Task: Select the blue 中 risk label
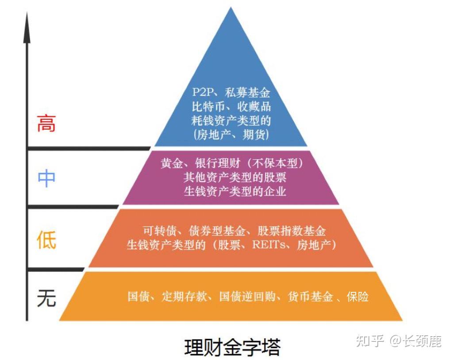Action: (x=46, y=178)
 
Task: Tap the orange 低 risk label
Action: (x=46, y=239)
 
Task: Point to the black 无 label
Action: (x=46, y=298)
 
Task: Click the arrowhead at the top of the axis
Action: (x=27, y=22)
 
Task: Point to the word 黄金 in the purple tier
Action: (x=171, y=163)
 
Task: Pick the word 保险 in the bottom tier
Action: (x=358, y=296)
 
